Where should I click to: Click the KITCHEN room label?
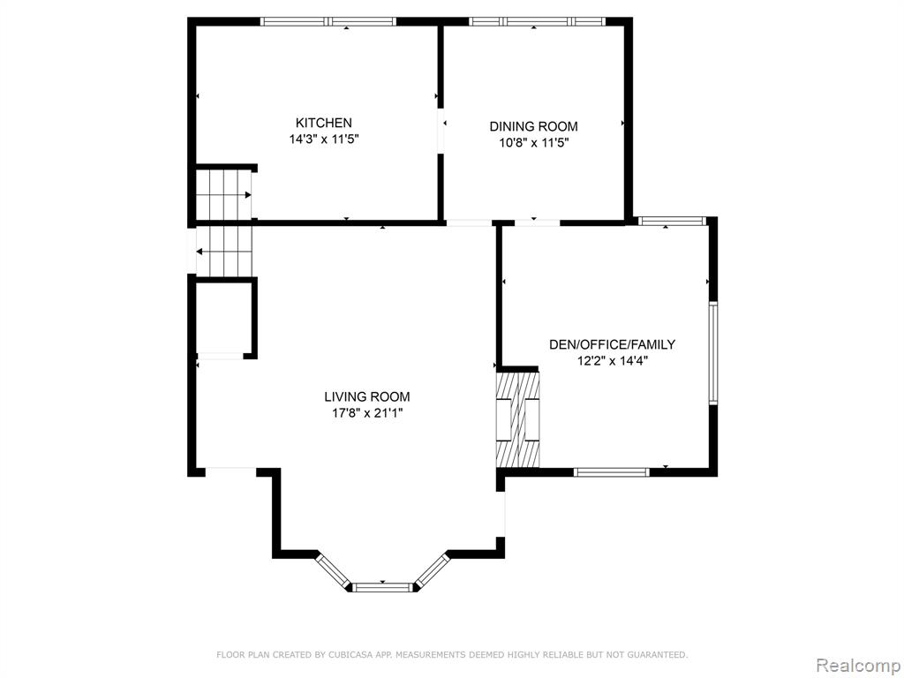(x=323, y=123)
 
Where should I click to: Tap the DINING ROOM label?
(x=533, y=126)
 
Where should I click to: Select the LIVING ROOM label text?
(x=366, y=396)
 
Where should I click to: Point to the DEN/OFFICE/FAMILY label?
(x=612, y=345)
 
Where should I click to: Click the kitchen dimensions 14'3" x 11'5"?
(x=324, y=139)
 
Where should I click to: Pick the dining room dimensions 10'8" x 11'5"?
(x=534, y=142)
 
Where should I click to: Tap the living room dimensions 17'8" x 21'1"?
(x=366, y=413)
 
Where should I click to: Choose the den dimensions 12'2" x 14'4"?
(x=612, y=361)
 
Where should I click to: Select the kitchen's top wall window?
(x=328, y=22)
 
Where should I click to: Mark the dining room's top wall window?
(x=538, y=22)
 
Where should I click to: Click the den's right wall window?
(x=713, y=352)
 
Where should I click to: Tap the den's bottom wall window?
(x=612, y=472)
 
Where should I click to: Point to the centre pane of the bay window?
(x=382, y=587)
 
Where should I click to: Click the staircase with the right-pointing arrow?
(x=224, y=195)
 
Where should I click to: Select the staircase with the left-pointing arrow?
(x=224, y=252)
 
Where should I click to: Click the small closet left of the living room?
(x=223, y=318)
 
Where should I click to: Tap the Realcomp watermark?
(x=857, y=666)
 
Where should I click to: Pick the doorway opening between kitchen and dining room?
(x=441, y=131)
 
